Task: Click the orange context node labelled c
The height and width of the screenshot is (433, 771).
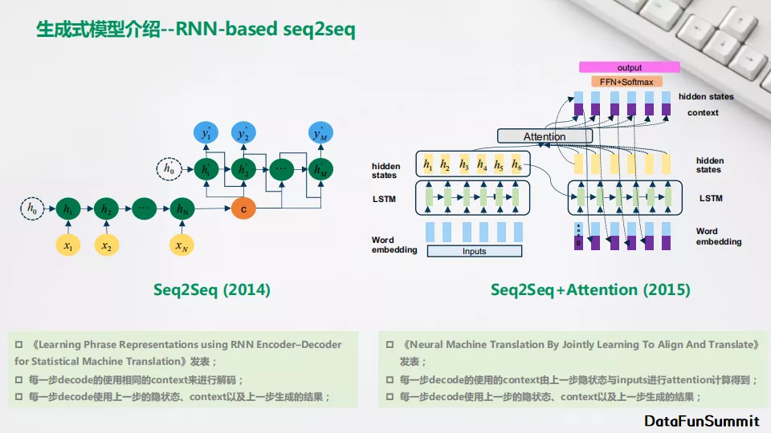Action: click(x=243, y=209)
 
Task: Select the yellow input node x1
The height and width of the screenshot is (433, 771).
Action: click(x=68, y=246)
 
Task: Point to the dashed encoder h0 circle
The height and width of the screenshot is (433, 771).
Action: click(x=32, y=209)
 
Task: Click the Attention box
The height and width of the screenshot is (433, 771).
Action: click(x=544, y=136)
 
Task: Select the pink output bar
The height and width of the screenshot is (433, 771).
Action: click(x=629, y=67)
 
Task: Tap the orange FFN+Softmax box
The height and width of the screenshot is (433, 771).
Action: click(x=626, y=82)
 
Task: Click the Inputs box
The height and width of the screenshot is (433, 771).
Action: click(x=474, y=251)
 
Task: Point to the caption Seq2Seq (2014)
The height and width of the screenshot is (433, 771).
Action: click(x=211, y=289)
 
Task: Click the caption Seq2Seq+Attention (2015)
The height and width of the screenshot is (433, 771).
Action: click(x=590, y=289)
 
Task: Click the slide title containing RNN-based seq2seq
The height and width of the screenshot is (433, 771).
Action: click(x=196, y=30)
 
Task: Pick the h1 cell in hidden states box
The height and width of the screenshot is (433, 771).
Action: click(x=428, y=165)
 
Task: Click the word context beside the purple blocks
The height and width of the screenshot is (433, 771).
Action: click(x=703, y=112)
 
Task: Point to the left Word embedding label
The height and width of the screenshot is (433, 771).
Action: click(x=394, y=245)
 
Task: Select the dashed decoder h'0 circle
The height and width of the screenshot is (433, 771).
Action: click(x=169, y=169)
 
